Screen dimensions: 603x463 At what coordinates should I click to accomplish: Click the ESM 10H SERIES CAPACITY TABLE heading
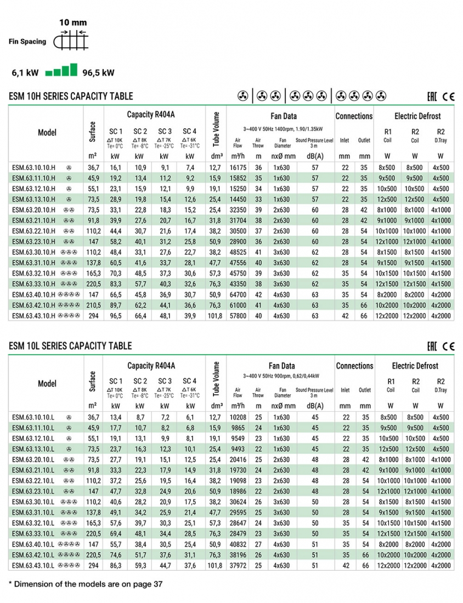tap(71, 96)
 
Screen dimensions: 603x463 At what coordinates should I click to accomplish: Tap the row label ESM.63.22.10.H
tap(33, 231)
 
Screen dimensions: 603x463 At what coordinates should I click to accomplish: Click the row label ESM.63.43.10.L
tap(32, 565)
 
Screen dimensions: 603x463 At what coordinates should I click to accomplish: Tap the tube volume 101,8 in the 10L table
tap(215, 565)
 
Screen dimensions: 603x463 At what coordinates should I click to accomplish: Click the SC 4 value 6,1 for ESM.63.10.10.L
tap(190, 417)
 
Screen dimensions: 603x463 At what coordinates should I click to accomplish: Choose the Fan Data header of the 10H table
tap(283, 116)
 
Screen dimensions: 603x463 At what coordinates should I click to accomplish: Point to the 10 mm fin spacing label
tap(73, 23)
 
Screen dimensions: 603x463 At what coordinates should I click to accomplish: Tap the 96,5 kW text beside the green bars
tap(98, 72)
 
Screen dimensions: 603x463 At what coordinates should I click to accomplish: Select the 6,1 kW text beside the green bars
tap(25, 72)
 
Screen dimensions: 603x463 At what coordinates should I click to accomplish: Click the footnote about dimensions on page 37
tap(86, 584)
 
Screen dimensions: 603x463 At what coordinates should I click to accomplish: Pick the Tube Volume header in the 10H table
tap(216, 129)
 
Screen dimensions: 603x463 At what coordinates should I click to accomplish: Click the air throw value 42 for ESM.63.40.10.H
tap(258, 294)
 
